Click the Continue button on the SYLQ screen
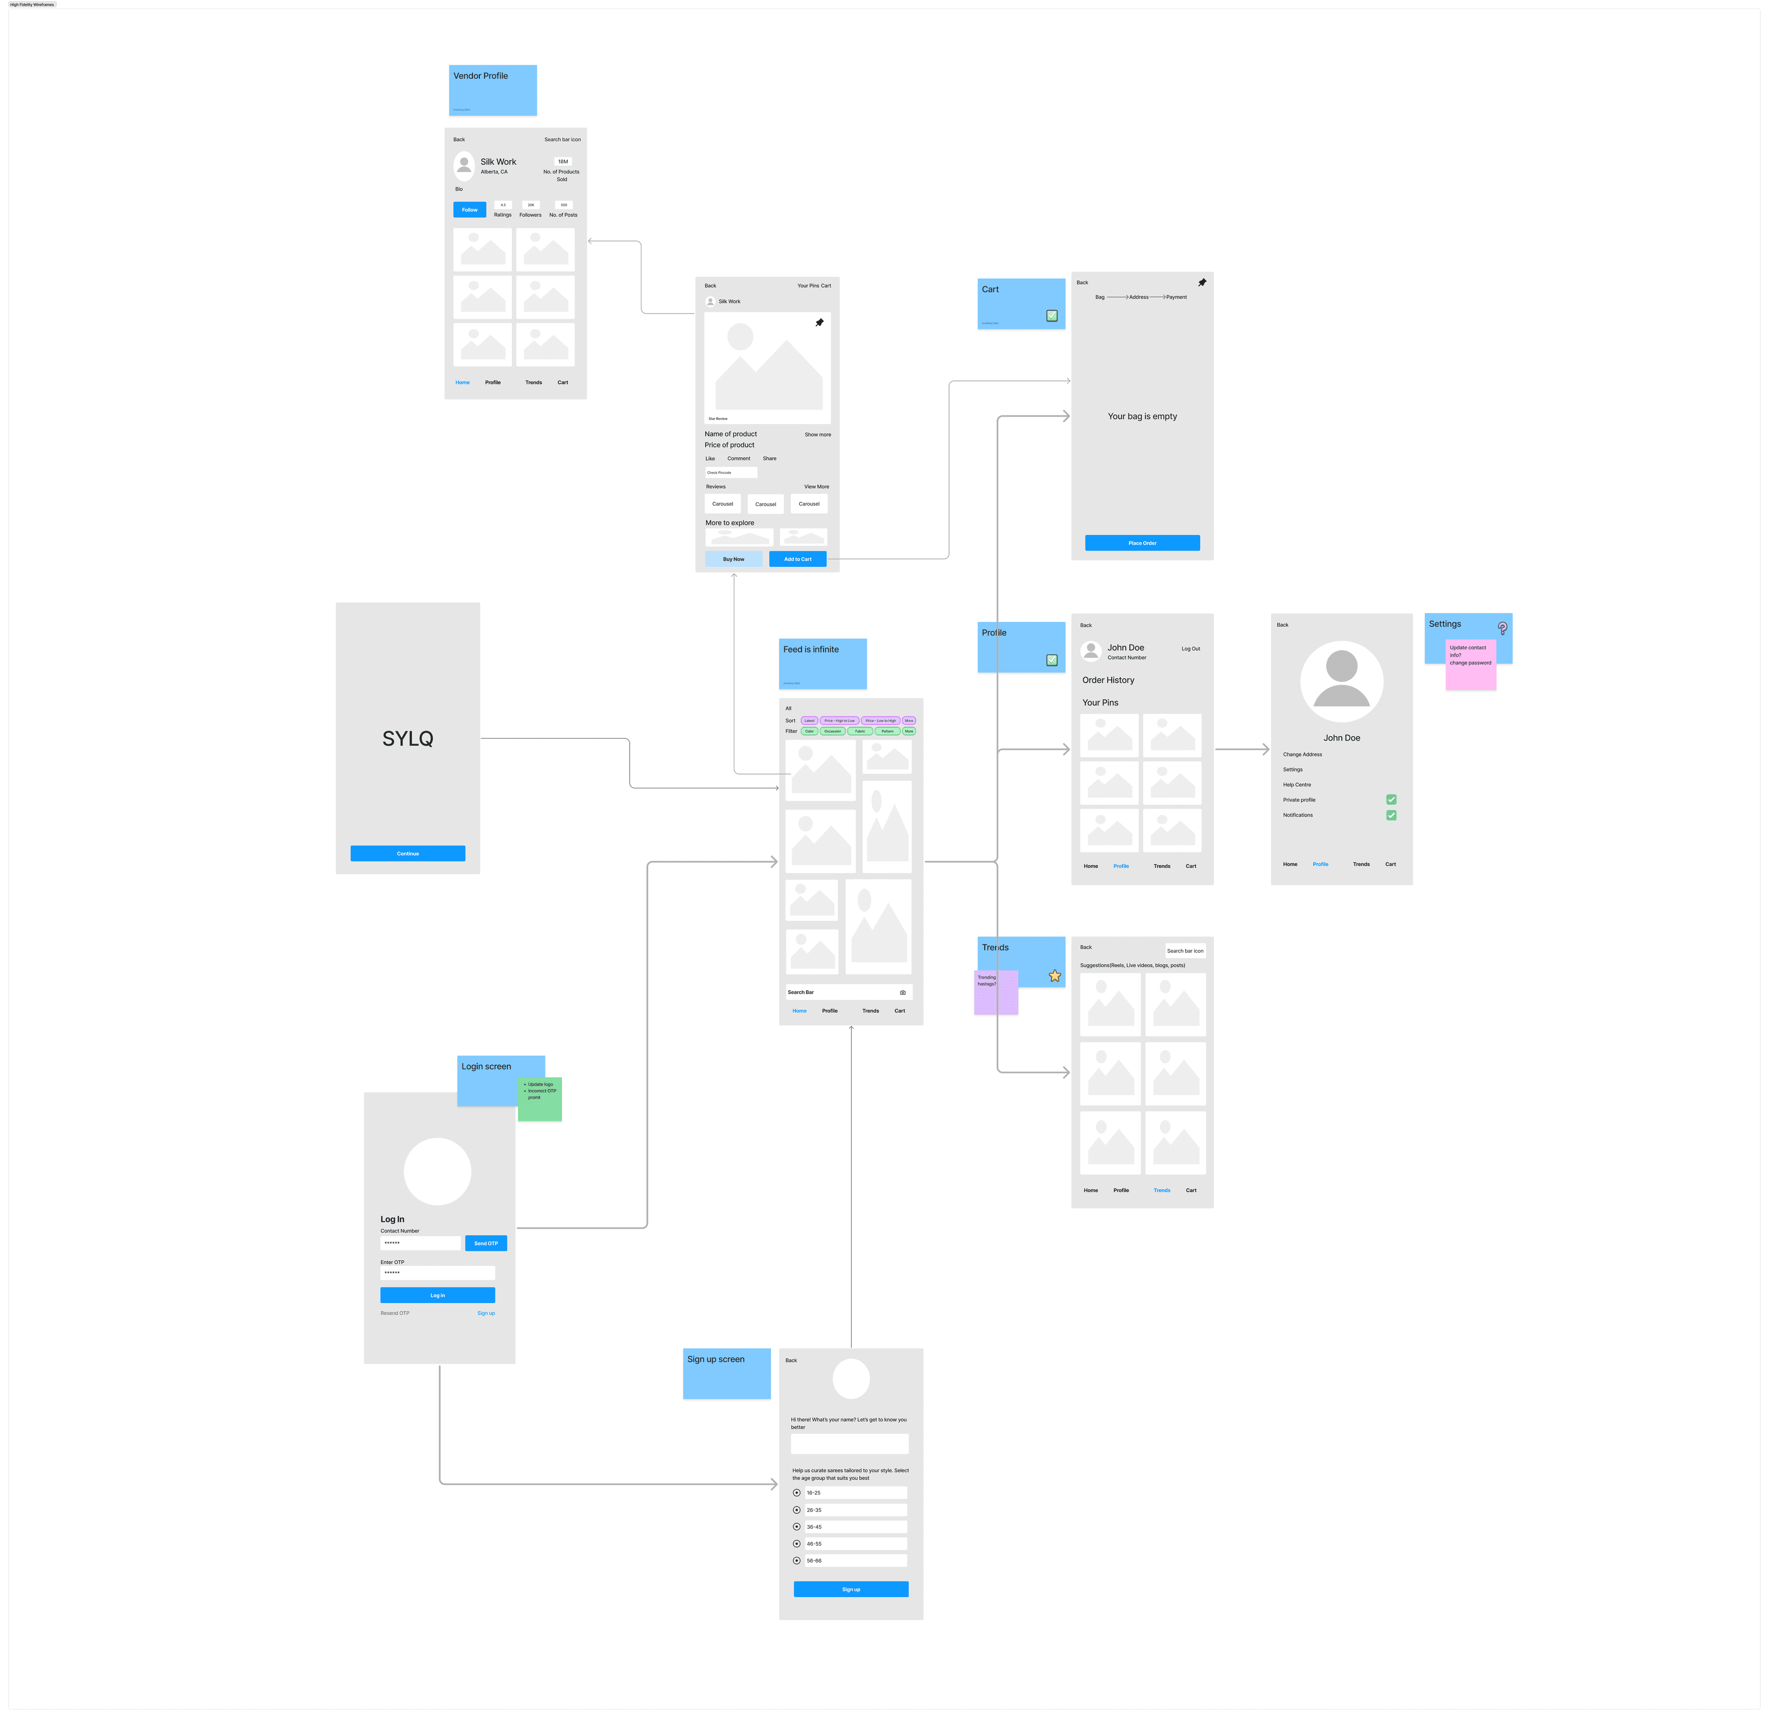click(408, 854)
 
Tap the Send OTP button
click(485, 1243)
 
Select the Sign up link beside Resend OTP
click(485, 1314)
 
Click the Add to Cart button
click(798, 560)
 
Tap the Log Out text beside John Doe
click(1190, 649)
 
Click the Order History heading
click(1108, 680)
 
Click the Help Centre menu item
click(1297, 785)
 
